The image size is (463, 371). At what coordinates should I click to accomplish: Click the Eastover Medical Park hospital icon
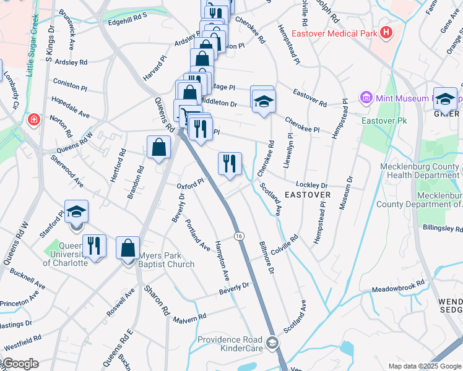[x=387, y=32]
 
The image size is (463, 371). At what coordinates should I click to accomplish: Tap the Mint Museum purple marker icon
[x=365, y=98]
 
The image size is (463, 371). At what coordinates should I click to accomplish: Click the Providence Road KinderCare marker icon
[x=271, y=343]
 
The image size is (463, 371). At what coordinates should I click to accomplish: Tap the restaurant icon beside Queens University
[x=94, y=245]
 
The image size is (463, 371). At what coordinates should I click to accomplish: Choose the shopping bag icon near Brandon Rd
[x=159, y=147]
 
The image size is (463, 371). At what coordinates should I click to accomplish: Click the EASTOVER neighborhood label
[x=308, y=194]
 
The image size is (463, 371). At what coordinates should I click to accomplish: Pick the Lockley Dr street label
[x=311, y=185]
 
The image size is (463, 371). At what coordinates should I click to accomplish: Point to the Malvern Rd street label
[x=189, y=318]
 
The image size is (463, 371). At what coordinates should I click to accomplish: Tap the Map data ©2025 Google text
[x=423, y=366]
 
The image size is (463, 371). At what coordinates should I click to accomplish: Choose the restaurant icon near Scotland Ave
[x=230, y=164]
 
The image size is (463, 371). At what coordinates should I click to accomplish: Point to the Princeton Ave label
[x=19, y=304]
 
